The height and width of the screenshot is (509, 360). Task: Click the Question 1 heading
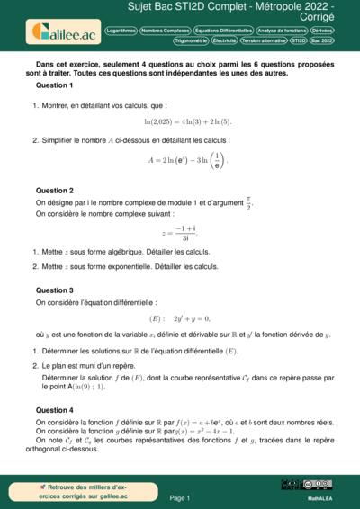pyautogui.click(x=54, y=85)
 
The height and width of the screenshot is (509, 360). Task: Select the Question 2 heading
pyautogui.click(x=54, y=191)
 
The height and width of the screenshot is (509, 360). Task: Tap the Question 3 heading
pyautogui.click(x=54, y=290)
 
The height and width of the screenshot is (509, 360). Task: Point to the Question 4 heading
pyautogui.click(x=54, y=410)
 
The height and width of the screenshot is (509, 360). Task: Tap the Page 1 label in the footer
pyautogui.click(x=179, y=497)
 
